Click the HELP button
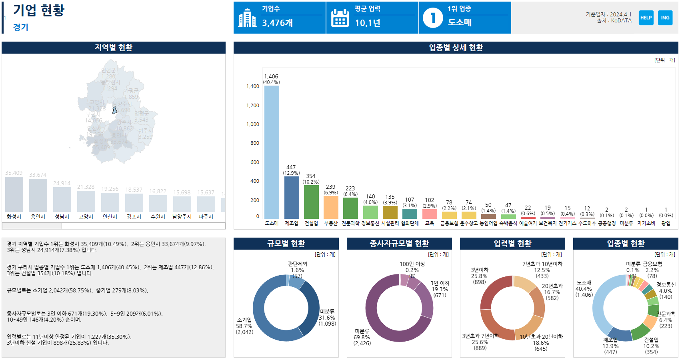(646, 18)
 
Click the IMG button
(665, 18)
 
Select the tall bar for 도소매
(272, 152)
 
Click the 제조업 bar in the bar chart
(292, 198)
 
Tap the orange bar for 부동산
(331, 207)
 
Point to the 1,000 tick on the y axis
(253, 124)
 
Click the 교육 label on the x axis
(430, 223)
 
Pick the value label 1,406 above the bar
(271, 76)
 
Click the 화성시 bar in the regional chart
(14, 194)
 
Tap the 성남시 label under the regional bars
(62, 217)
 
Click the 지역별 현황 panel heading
(114, 48)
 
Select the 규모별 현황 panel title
(286, 244)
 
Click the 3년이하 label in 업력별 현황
(480, 270)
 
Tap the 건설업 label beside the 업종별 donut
(651, 340)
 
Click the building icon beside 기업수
(247, 18)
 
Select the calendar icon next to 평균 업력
(340, 18)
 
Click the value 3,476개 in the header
(278, 23)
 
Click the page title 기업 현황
(39, 10)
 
